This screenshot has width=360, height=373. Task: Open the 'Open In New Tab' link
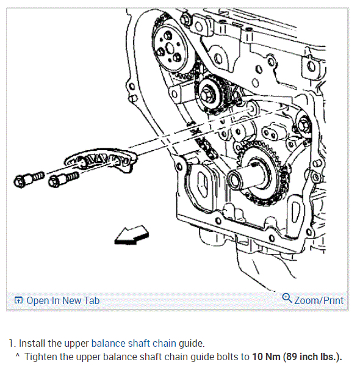(x=63, y=300)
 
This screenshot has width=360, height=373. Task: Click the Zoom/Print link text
(x=319, y=300)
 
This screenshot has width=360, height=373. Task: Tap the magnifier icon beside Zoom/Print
(x=287, y=299)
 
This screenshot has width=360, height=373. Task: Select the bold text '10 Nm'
(x=267, y=357)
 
